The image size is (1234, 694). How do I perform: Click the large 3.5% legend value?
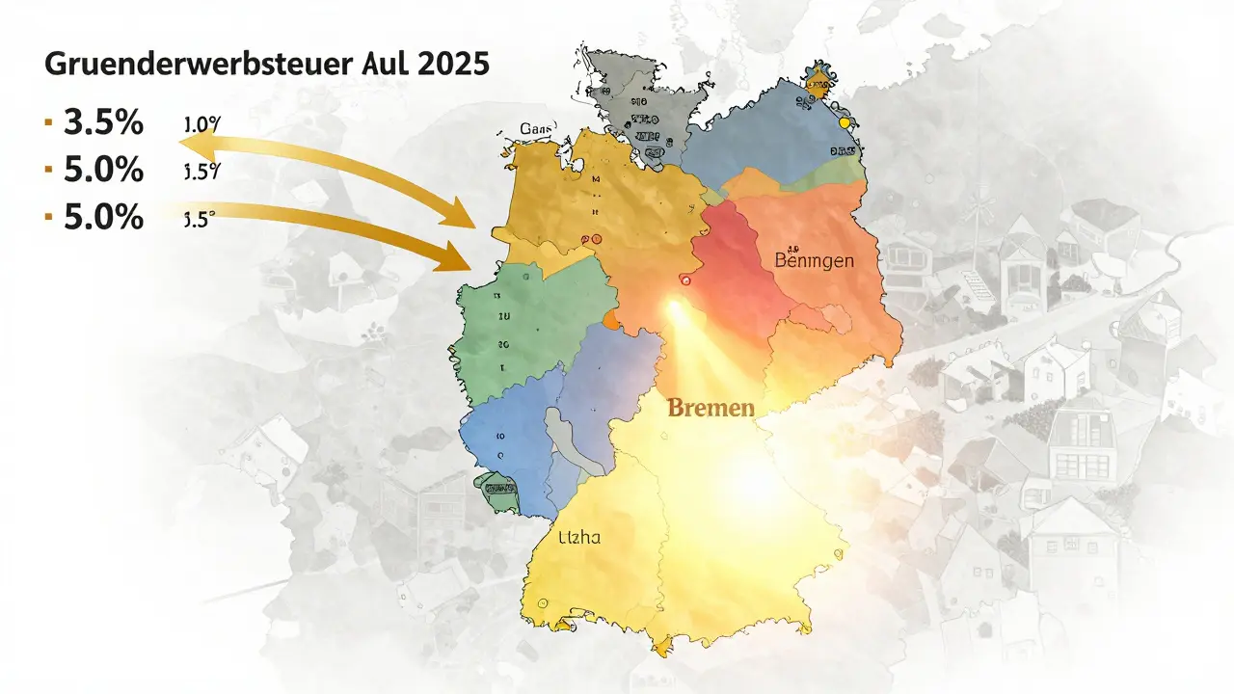(103, 123)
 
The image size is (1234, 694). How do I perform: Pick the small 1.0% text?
(201, 125)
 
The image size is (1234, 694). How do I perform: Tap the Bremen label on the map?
(711, 408)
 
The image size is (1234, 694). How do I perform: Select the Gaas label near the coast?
(537, 129)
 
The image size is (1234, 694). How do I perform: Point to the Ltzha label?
(579, 537)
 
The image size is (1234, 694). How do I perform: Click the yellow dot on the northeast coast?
(845, 123)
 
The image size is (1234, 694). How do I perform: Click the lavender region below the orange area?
(607, 386)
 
